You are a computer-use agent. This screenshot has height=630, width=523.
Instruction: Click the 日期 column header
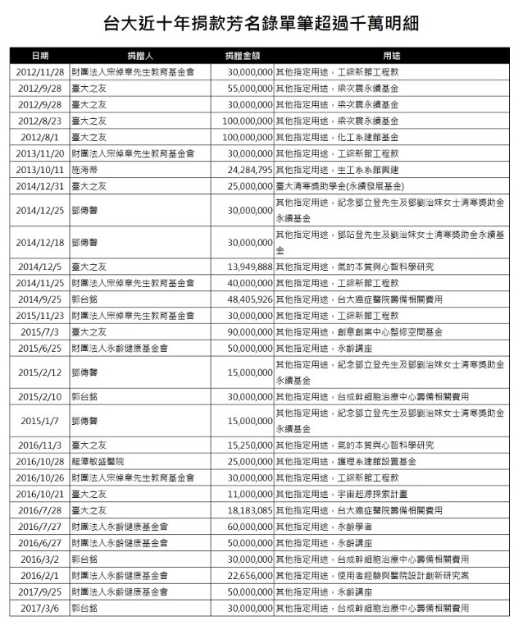click(39, 56)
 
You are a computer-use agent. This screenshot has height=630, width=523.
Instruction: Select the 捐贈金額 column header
click(243, 56)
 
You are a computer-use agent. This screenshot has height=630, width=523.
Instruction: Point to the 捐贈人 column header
click(140, 56)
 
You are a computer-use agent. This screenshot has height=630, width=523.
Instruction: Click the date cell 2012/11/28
click(39, 72)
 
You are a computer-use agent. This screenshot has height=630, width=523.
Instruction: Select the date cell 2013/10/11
click(39, 170)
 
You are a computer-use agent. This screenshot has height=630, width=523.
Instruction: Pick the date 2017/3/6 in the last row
click(39, 608)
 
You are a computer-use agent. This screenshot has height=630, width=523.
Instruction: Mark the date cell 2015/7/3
click(39, 331)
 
